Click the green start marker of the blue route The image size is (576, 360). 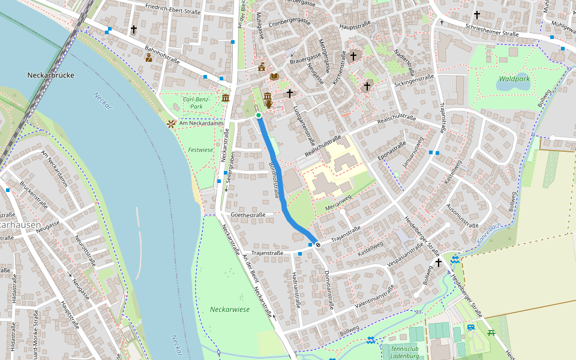tap(259, 115)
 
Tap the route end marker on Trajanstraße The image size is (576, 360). tap(317, 244)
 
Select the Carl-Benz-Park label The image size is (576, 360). tap(193, 103)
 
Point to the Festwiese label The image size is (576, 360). tap(200, 149)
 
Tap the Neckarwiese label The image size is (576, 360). tap(229, 310)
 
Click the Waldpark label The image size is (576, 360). tap(514, 79)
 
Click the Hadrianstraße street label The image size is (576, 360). tap(295, 289)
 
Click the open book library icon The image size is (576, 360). tap(274, 77)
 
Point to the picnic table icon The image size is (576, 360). tap(491, 332)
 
